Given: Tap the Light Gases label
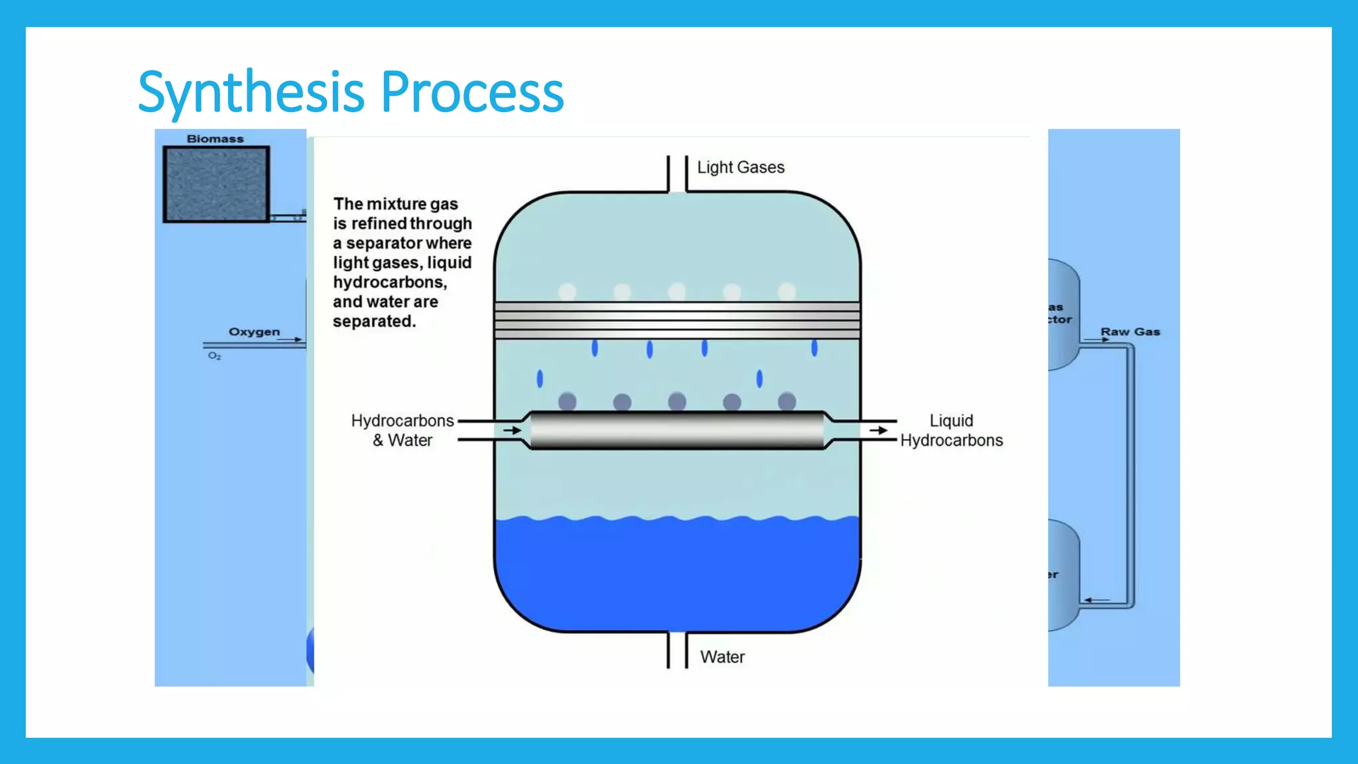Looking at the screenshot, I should [x=740, y=167].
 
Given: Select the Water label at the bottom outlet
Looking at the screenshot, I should [x=722, y=657].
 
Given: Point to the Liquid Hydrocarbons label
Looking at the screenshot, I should [x=951, y=430].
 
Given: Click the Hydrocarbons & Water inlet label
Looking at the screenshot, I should [x=402, y=430].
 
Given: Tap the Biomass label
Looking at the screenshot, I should [x=215, y=139].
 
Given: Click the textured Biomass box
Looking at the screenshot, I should [x=216, y=184].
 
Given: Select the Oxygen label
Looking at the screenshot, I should [x=254, y=332].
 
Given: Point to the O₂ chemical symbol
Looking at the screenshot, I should [x=214, y=356].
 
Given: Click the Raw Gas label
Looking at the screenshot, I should [x=1130, y=332].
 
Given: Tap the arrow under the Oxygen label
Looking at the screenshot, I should [x=289, y=340].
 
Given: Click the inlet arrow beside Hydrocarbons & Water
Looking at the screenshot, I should [x=512, y=430].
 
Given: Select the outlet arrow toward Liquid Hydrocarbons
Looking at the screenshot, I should [x=879, y=430].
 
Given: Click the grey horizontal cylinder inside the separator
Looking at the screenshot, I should [x=676, y=430].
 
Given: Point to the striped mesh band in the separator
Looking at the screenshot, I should [x=676, y=320].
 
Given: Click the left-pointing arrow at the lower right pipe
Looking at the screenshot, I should [x=1097, y=600].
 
